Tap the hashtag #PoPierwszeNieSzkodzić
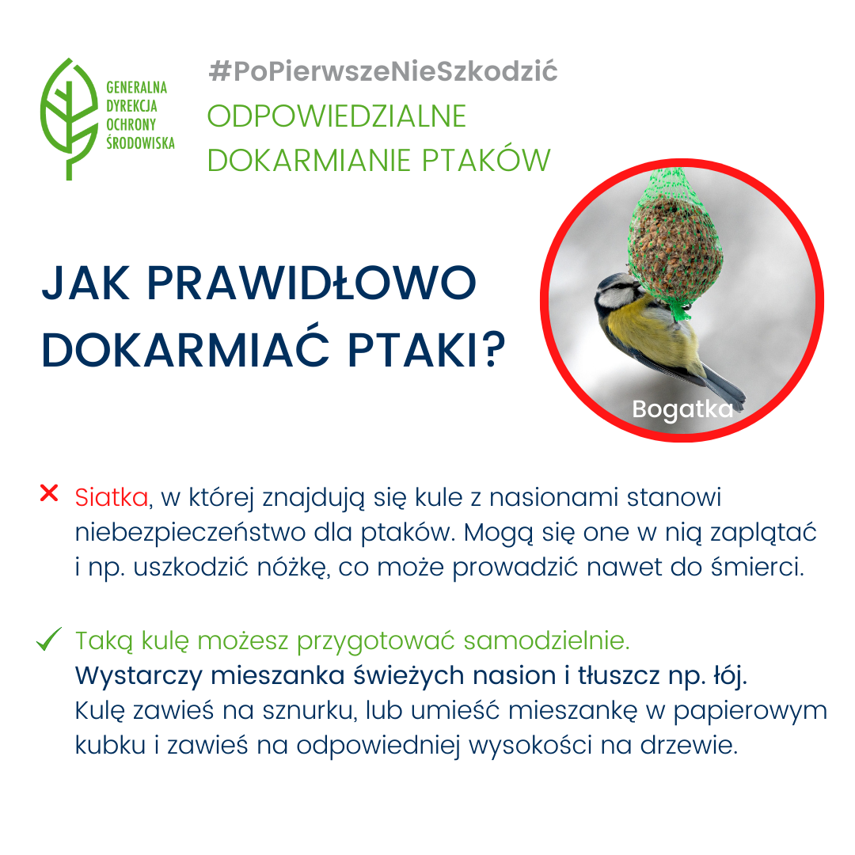click(383, 72)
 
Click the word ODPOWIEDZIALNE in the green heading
click(336, 116)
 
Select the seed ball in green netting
click(667, 245)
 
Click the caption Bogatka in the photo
click(682, 409)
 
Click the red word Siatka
click(112, 498)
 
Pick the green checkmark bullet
click(49, 640)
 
